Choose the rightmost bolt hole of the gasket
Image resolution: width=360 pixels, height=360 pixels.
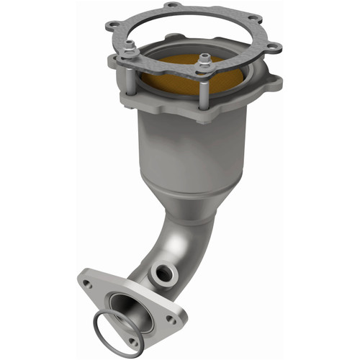[x=276, y=48]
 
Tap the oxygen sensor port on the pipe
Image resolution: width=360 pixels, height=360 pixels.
[x=162, y=274]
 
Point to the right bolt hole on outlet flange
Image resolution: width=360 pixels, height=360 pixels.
[x=170, y=317]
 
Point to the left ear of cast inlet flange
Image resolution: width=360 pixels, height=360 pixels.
[x=115, y=65]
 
